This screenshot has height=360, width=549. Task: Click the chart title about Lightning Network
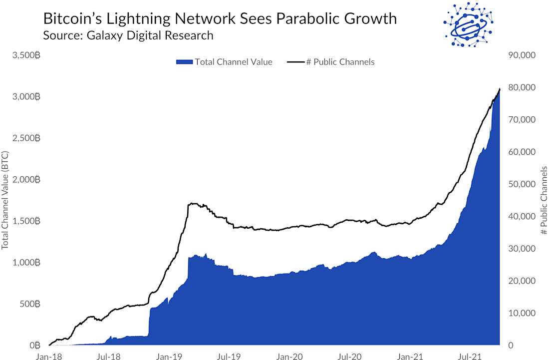(220, 19)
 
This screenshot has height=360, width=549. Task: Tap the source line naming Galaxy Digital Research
(128, 35)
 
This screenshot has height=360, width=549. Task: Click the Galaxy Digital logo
(468, 24)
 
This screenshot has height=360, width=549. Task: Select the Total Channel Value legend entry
(224, 62)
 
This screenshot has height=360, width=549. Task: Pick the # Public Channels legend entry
(331, 62)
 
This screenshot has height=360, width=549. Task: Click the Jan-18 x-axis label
(48, 357)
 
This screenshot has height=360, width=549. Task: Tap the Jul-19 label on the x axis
(229, 357)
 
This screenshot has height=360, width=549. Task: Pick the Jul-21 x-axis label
(470, 357)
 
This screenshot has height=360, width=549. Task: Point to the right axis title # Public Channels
(544, 201)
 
